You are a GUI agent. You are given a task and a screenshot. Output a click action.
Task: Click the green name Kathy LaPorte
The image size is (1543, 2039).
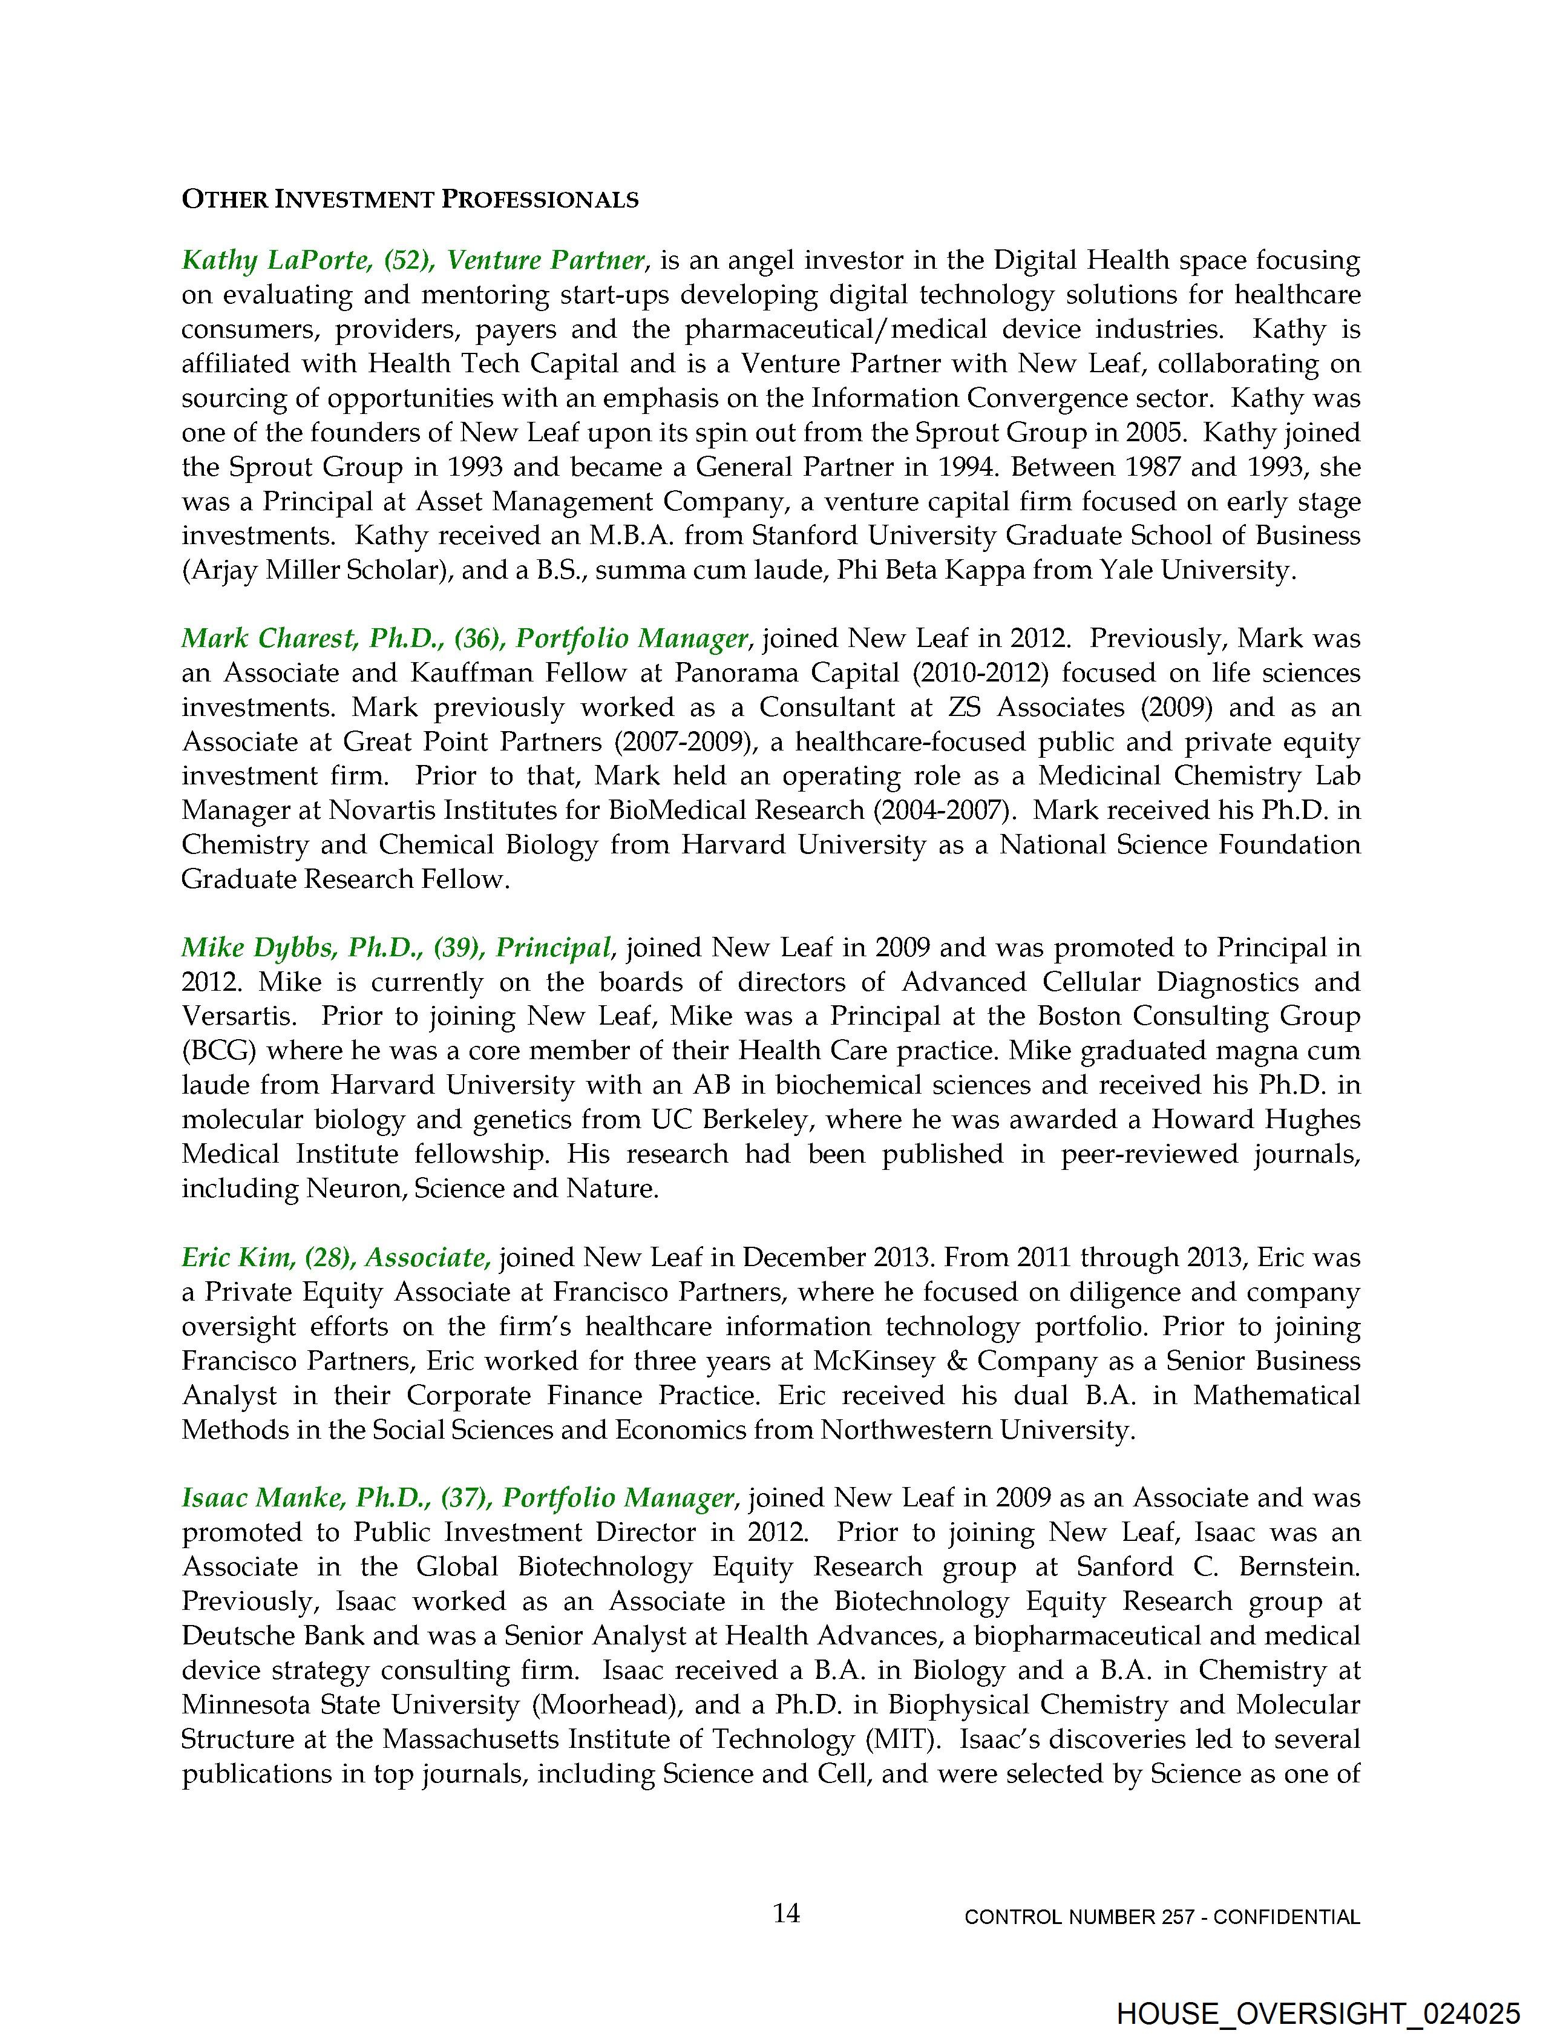[274, 261]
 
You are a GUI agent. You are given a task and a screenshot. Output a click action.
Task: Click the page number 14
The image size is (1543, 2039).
[786, 1914]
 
